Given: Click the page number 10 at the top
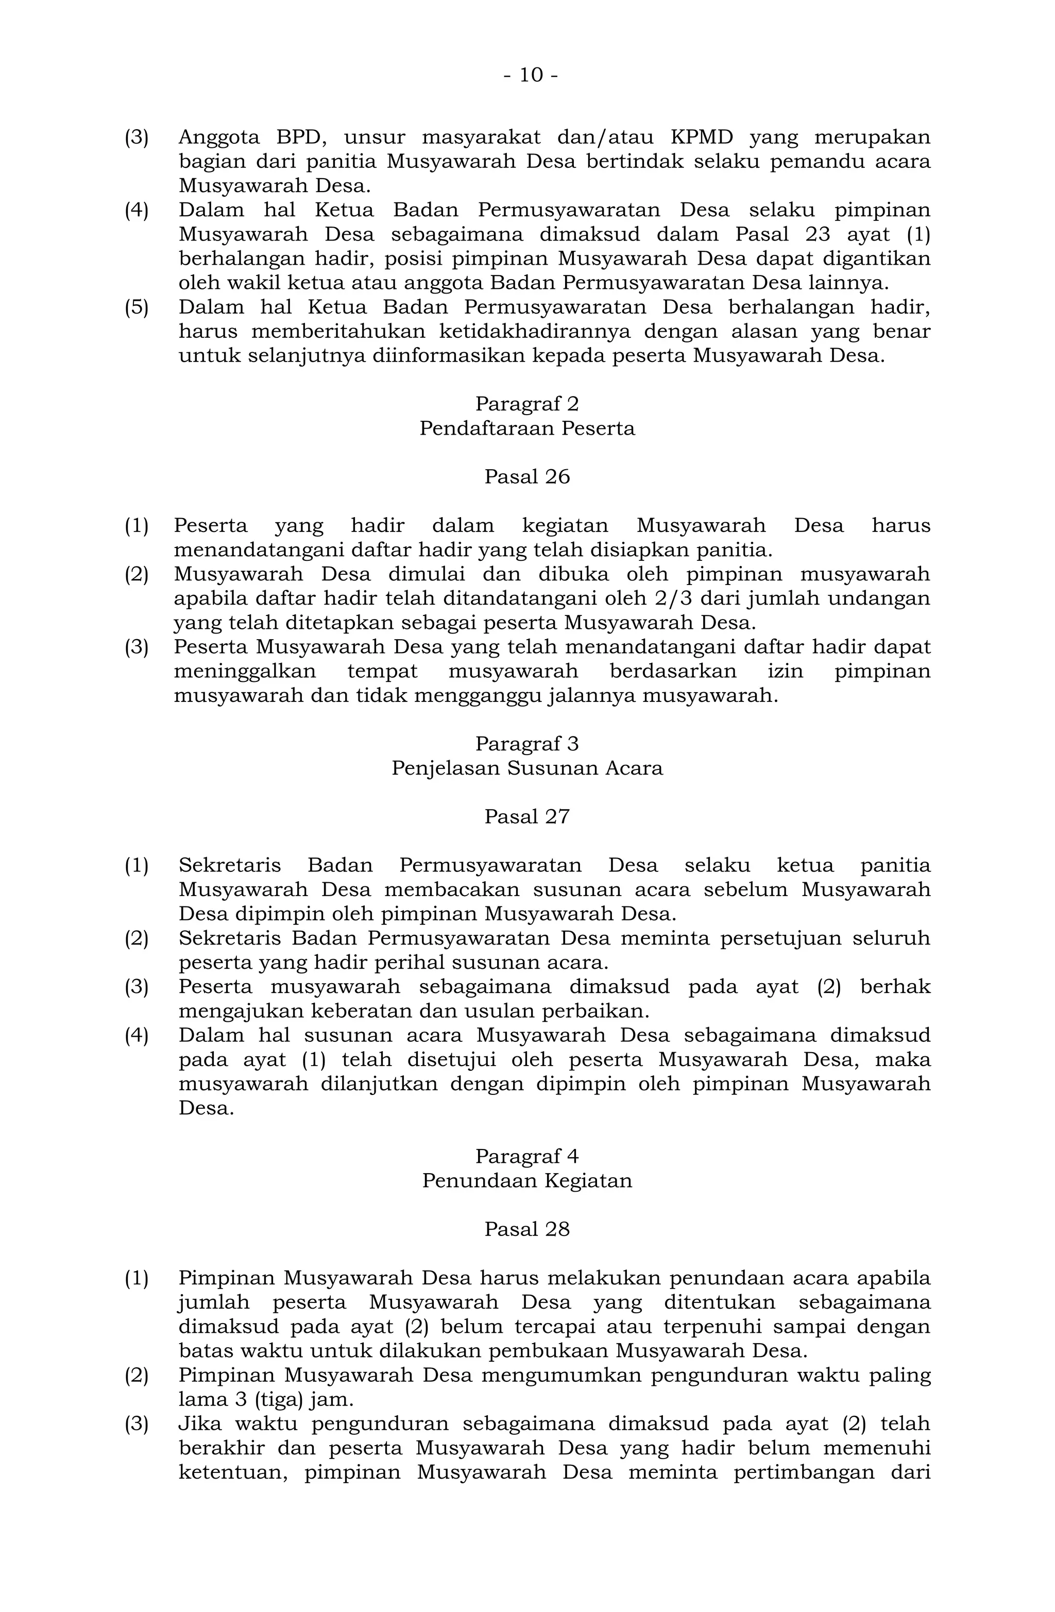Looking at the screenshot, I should click(x=531, y=75).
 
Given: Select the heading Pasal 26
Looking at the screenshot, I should click(x=527, y=477).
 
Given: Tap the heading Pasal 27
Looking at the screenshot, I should click(x=527, y=817).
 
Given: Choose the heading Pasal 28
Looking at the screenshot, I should click(x=527, y=1229).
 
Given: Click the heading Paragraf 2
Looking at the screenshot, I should click(x=527, y=404).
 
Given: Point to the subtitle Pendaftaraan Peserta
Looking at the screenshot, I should click(x=527, y=428).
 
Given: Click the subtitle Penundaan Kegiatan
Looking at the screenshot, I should click(x=527, y=1180).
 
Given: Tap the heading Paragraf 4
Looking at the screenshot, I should click(x=527, y=1156).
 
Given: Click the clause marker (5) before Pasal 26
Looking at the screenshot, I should click(x=136, y=307).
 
